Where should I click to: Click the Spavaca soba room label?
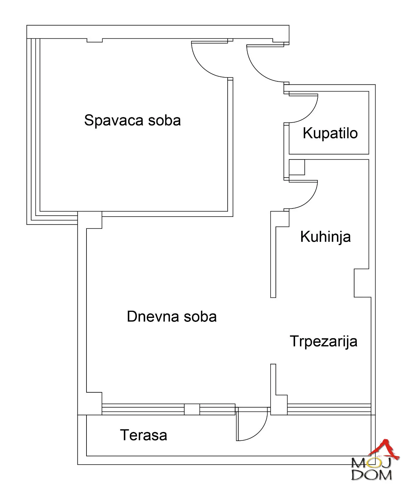coord(132,120)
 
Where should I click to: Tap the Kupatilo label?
coord(330,133)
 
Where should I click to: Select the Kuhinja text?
coord(325,237)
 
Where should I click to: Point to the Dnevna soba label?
coord(172,317)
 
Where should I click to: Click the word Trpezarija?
coord(324,341)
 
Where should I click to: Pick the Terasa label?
coord(144,435)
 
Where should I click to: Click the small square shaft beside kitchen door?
coord(297,167)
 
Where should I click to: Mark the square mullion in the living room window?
coord(192,410)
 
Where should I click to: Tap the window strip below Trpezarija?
coord(329,409)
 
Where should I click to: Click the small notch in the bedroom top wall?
coord(95,40)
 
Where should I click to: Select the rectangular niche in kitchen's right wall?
coord(362,283)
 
